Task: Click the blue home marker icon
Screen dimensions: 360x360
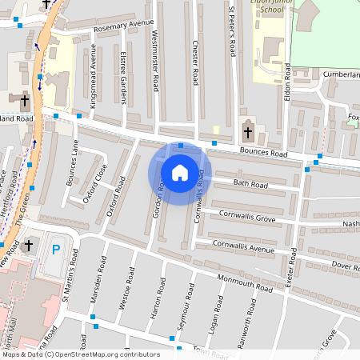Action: [x=180, y=173]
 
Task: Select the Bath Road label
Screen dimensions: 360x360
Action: [x=250, y=185]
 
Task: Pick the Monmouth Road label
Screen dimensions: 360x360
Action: [x=247, y=286]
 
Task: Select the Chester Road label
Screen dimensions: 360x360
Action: [x=194, y=64]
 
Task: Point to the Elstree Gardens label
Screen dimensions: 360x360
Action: [x=124, y=80]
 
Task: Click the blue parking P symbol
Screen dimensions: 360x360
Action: [x=56, y=249]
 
